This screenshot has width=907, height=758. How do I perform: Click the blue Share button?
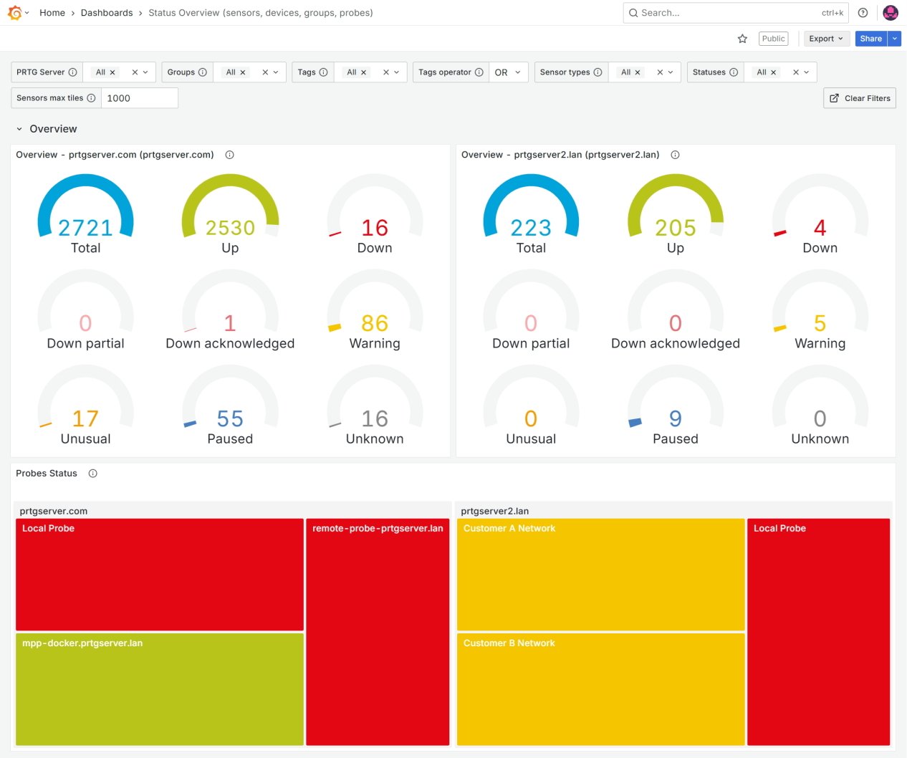[870, 39]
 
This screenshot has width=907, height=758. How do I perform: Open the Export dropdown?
[825, 39]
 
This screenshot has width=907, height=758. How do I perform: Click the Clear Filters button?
[860, 98]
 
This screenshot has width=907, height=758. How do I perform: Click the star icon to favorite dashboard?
[742, 39]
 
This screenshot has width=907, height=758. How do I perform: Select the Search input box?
[724, 13]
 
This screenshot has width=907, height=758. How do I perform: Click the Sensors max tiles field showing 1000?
[140, 98]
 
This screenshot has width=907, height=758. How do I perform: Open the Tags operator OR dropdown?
[508, 72]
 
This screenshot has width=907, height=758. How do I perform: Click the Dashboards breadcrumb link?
[107, 13]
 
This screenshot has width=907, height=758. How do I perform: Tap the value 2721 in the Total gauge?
[85, 228]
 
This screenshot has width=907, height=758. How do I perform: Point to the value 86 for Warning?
[375, 323]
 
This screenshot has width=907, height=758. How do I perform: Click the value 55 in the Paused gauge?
[230, 418]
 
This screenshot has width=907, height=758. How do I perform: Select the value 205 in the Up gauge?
[676, 228]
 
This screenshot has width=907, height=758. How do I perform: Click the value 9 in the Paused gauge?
[676, 418]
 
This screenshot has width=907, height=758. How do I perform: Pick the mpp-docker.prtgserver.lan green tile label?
[82, 643]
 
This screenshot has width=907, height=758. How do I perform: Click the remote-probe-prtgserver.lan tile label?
[378, 529]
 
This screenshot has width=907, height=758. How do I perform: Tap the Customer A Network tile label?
[509, 529]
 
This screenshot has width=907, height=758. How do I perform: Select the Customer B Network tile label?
[509, 643]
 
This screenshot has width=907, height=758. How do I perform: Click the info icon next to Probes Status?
[92, 474]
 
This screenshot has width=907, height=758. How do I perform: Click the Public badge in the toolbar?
[773, 39]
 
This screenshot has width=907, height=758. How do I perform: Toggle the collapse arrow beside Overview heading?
[19, 129]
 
